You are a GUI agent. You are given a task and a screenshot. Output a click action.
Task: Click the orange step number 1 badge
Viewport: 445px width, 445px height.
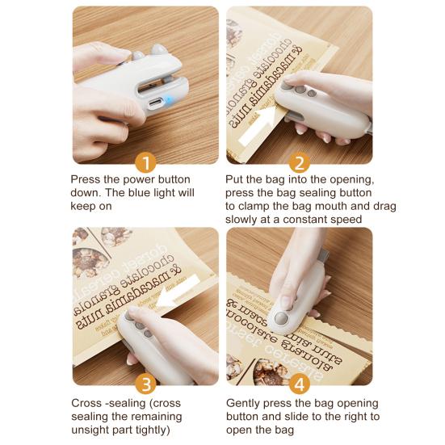[146, 163]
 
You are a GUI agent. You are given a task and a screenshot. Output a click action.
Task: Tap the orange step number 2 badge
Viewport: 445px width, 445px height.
[300, 163]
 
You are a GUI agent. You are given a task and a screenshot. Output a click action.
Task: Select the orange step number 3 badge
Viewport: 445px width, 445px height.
[146, 384]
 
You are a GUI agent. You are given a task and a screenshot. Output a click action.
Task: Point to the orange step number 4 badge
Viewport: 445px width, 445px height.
[300, 384]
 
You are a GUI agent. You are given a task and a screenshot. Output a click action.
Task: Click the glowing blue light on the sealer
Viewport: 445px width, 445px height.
[169, 100]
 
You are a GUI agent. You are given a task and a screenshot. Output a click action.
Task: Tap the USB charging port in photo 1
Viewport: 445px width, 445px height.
[156, 102]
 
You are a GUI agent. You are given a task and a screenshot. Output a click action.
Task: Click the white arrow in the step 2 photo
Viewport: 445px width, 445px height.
[258, 125]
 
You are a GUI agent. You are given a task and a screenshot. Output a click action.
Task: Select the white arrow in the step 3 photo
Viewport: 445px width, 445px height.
[177, 292]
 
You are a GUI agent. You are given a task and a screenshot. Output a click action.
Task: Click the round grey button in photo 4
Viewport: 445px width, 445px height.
[281, 318]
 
